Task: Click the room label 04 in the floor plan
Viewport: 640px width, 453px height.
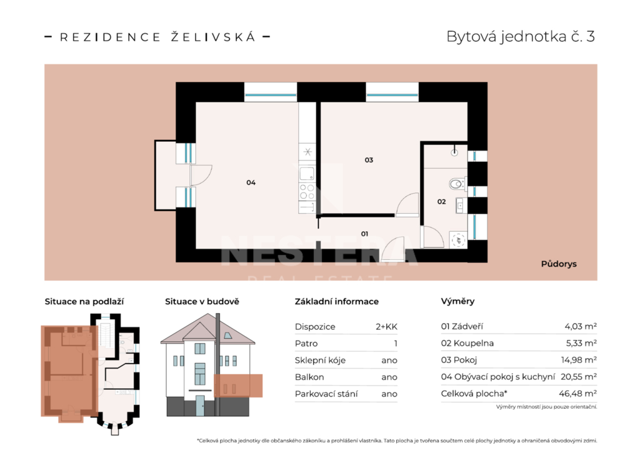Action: click(251, 182)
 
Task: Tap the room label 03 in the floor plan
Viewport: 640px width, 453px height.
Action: click(369, 160)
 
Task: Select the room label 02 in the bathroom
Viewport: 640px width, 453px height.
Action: click(441, 202)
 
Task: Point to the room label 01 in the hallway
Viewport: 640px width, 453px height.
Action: click(364, 234)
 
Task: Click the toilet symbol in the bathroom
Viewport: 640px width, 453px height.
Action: click(457, 184)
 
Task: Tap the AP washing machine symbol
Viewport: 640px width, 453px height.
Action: click(458, 240)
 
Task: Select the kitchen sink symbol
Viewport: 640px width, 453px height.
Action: click(307, 174)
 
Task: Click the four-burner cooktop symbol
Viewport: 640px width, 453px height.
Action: click(307, 192)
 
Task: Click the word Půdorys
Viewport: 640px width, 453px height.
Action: click(558, 264)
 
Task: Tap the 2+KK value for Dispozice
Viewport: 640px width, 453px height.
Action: click(386, 327)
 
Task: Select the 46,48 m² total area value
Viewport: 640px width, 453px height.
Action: click(577, 394)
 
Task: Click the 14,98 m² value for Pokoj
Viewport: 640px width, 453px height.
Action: click(578, 360)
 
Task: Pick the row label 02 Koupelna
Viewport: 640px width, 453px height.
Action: click(467, 343)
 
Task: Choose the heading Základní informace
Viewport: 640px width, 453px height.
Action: click(336, 302)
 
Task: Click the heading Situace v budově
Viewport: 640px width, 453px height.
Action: click(202, 302)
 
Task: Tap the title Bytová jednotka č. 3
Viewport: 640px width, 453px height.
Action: click(521, 36)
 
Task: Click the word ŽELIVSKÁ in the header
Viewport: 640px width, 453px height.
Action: click(213, 37)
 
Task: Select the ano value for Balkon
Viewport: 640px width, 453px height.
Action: click(389, 377)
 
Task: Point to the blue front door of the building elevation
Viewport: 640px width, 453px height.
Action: click(199, 406)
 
